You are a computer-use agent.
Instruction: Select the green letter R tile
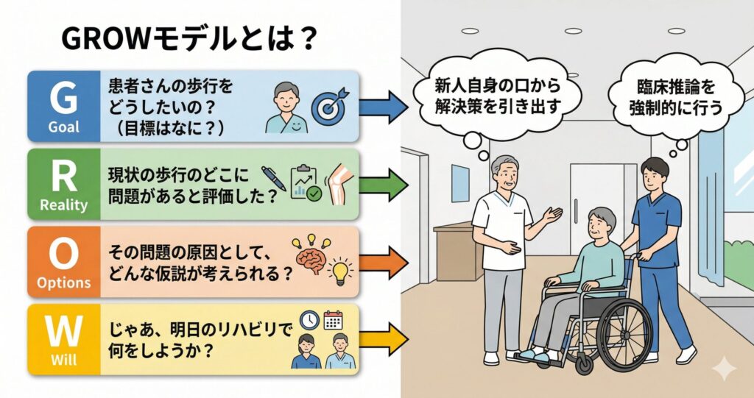tap(63, 184)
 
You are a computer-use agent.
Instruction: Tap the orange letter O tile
tap(63, 261)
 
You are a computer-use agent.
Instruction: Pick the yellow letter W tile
tap(63, 338)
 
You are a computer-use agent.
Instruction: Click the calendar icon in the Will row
tap(334, 320)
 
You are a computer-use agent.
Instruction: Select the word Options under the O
tap(63, 283)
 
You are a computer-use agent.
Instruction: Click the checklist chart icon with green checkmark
tap(306, 182)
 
